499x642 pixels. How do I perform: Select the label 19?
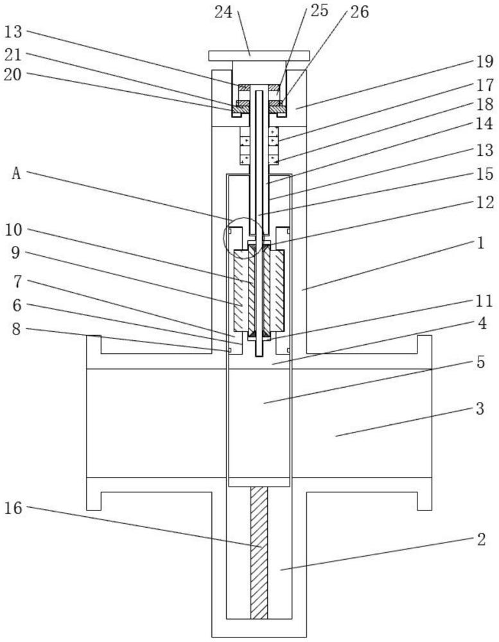coord(484,62)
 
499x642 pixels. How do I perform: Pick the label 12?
coord(484,203)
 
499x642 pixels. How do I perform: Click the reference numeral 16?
coord(14,508)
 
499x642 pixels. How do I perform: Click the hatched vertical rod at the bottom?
coord(258,552)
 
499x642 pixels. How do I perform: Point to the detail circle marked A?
coord(242,237)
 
